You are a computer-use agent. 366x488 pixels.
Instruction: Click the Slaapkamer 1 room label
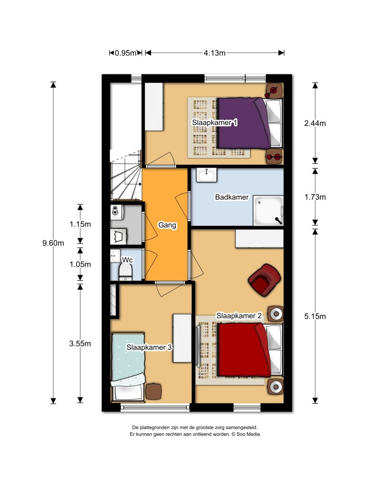[214, 123]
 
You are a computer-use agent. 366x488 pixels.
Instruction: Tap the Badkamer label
[232, 197]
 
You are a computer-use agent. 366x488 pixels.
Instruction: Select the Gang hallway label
[167, 225]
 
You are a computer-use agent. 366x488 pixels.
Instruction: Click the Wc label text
[127, 260]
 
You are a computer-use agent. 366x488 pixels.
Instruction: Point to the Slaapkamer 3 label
[149, 347]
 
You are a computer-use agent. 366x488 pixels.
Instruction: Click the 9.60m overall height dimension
[53, 243]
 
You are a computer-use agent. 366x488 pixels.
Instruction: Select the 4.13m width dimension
[214, 53]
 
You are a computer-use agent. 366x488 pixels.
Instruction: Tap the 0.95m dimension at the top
[126, 53]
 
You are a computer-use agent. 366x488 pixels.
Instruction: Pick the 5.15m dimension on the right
[315, 316]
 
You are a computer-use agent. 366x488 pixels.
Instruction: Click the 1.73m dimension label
[315, 197]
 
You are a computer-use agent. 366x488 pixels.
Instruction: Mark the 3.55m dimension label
[80, 344]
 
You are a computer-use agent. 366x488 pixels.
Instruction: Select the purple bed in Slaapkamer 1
[243, 123]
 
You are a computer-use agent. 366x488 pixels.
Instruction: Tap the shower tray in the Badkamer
[268, 210]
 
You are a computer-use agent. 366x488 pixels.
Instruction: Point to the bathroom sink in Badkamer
[205, 175]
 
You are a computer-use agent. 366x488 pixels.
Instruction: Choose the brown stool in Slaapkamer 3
[153, 391]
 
